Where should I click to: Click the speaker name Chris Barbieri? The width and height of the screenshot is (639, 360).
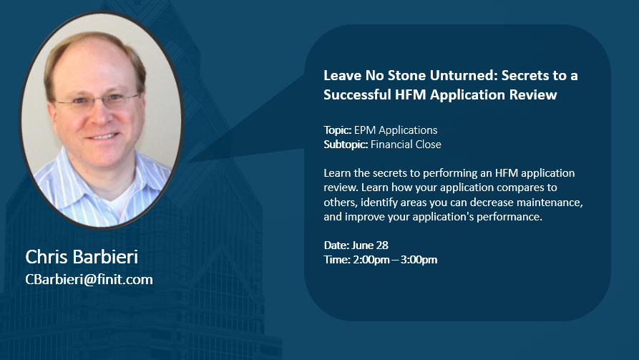(82, 257)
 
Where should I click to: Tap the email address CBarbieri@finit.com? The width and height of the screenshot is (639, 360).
(89, 279)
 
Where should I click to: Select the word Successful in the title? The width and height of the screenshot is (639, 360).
(357, 94)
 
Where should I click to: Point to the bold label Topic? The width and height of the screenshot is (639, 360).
(338, 130)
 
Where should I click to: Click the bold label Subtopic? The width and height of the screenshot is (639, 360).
(346, 145)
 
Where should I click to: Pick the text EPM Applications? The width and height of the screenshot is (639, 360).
(396, 130)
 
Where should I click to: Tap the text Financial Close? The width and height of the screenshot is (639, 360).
(406, 145)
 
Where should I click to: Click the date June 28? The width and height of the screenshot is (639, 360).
(370, 245)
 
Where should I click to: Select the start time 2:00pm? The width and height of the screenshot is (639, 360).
(371, 260)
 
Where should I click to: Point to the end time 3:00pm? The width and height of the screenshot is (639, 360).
(419, 260)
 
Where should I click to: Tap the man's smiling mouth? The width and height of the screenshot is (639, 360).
(103, 136)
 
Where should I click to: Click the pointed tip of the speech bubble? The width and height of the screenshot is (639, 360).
(188, 162)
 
